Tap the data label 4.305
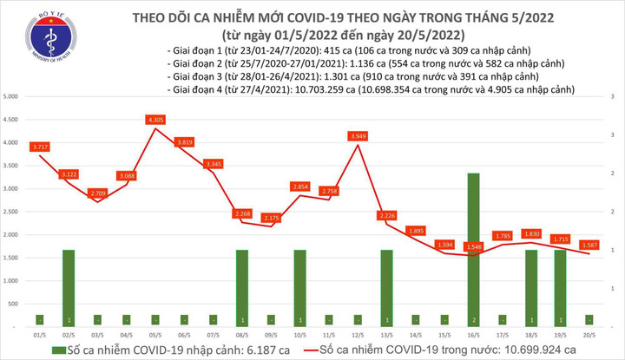coord(156,119)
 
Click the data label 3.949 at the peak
coord(358,136)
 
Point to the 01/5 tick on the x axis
coord(40,333)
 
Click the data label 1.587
coord(589,245)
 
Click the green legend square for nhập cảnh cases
coord(56,349)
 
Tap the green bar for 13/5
coord(386,287)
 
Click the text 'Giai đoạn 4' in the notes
coord(196,89)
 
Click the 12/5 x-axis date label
coord(358,333)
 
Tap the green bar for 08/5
coord(242,287)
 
